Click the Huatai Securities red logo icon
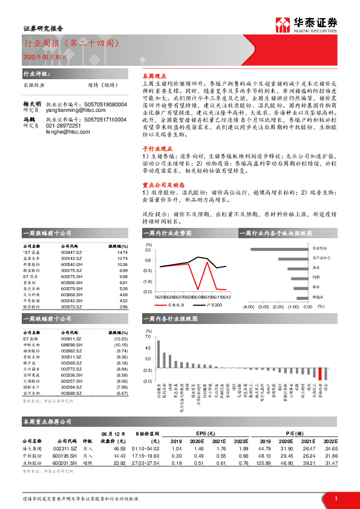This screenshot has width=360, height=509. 283,24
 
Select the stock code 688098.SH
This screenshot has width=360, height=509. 71,345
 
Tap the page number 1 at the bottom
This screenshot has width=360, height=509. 335,498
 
